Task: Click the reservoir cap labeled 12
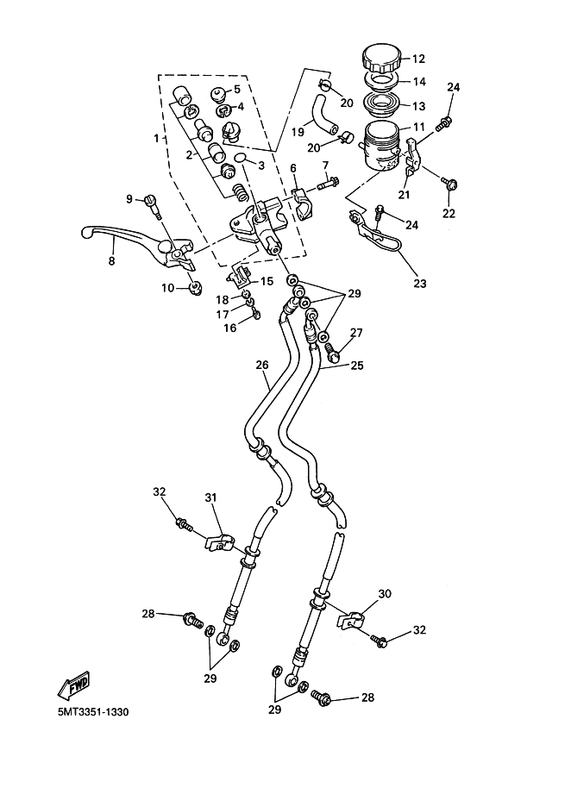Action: click(381, 58)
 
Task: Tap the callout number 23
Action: click(420, 284)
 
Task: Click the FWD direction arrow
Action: click(74, 685)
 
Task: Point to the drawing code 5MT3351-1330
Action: click(93, 712)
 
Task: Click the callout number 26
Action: click(262, 365)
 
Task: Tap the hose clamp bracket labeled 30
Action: click(350, 619)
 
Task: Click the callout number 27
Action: click(356, 332)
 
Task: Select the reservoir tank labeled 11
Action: click(381, 145)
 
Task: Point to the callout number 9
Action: click(129, 199)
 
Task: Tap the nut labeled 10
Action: click(195, 287)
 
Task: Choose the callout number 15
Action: click(267, 281)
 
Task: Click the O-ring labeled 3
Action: click(242, 158)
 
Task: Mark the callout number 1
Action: click(156, 137)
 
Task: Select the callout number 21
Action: click(405, 195)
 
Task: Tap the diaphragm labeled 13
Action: click(381, 101)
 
